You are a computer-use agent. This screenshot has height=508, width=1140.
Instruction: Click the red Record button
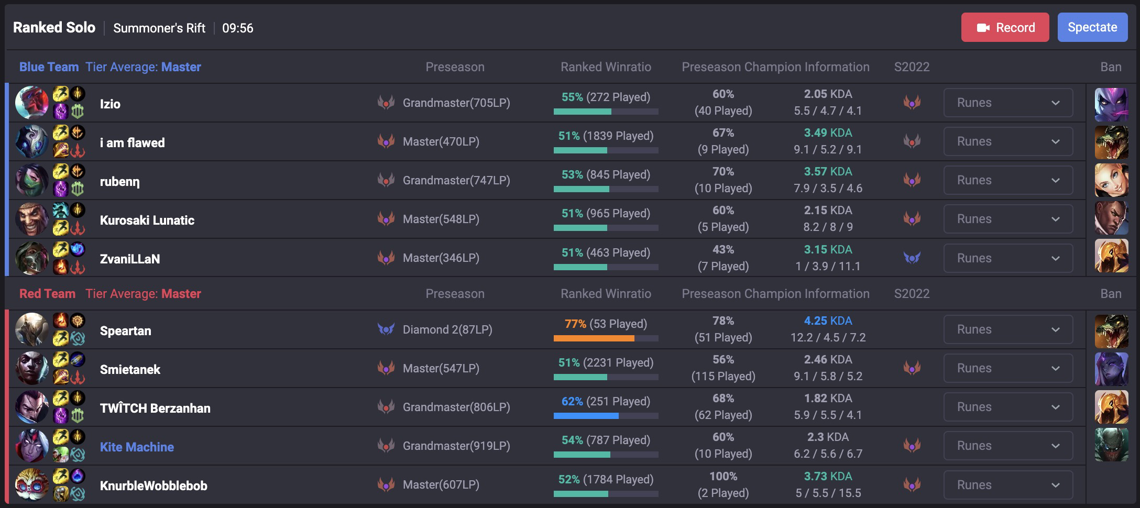click(1005, 27)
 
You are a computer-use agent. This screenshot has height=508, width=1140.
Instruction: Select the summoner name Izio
click(110, 104)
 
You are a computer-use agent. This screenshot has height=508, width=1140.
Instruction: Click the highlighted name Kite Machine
click(137, 447)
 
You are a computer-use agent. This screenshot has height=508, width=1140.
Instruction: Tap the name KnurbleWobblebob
click(154, 485)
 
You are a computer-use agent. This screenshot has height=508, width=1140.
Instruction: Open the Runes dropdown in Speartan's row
click(1007, 329)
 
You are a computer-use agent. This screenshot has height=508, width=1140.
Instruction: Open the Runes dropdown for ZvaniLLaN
click(1007, 258)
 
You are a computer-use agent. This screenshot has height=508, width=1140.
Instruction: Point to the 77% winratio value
click(575, 324)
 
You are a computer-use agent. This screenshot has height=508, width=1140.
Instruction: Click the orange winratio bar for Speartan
click(594, 338)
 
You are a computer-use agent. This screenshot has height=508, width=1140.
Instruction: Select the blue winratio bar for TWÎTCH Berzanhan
click(586, 416)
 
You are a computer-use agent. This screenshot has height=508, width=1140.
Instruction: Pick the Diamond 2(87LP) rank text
click(447, 329)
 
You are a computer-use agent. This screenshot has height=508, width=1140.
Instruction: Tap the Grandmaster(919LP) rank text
click(456, 446)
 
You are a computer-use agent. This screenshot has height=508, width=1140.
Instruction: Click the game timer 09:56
click(237, 28)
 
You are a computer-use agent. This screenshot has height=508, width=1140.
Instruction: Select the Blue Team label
click(49, 67)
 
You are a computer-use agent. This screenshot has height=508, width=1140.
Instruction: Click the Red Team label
click(47, 294)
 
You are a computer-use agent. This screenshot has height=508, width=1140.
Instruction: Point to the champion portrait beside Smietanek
click(31, 368)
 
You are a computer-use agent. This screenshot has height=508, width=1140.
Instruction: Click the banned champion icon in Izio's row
click(1111, 104)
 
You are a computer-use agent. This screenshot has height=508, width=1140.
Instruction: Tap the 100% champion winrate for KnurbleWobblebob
click(723, 476)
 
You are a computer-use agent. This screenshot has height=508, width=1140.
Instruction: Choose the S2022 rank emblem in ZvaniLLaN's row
click(912, 258)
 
